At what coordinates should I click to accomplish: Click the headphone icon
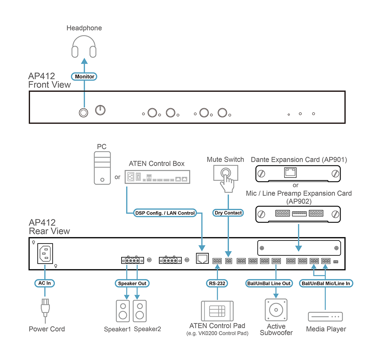point(84,46)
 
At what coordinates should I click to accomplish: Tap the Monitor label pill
point(84,77)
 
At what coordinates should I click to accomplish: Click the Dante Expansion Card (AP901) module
point(298,173)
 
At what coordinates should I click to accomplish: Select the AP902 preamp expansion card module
point(298,214)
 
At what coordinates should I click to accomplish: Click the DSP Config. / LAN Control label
point(165,213)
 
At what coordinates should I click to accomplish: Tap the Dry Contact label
point(228,213)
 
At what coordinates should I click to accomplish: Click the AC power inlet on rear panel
point(45,254)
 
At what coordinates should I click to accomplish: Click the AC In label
point(44,283)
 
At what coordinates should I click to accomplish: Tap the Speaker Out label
point(132,283)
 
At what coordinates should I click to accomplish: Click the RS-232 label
point(217,283)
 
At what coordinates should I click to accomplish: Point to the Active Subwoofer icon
point(276,310)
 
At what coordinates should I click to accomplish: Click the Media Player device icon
point(325,317)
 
